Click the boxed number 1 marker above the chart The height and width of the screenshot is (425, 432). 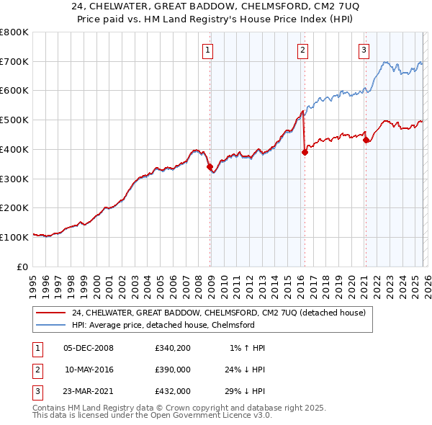click(x=207, y=50)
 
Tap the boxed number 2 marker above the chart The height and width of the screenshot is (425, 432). click(x=302, y=50)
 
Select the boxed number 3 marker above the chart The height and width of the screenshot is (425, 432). click(x=364, y=50)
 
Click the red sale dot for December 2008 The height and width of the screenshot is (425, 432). click(x=210, y=167)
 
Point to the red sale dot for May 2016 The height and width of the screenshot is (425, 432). click(x=305, y=152)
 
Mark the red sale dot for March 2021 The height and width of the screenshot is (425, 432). click(x=366, y=140)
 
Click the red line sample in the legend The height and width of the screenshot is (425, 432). click(x=51, y=313)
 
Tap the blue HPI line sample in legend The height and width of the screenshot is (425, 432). click(x=51, y=326)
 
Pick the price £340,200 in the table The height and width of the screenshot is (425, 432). click(x=173, y=348)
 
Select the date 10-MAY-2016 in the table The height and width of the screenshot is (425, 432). click(x=89, y=368)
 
